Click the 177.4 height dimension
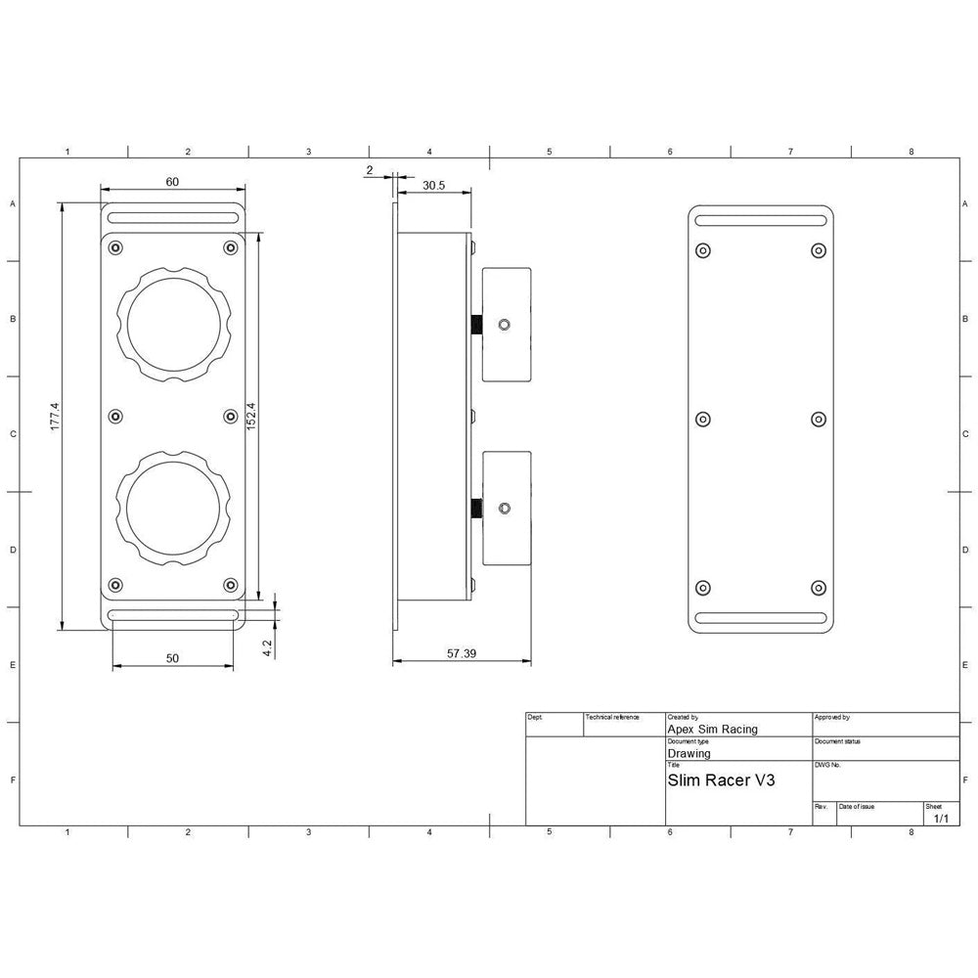[x=55, y=417]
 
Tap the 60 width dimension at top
[x=172, y=183]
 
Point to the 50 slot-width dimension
[x=172, y=658]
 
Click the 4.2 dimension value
[x=267, y=648]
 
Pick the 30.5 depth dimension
[x=434, y=184]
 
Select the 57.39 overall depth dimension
[x=462, y=653]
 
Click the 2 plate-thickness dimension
[x=369, y=170]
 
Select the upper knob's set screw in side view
[x=504, y=325]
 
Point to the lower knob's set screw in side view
[x=504, y=509]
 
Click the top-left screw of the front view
[x=116, y=246]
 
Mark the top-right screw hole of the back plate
[x=819, y=250]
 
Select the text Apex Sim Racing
[x=712, y=729]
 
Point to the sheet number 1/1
[x=941, y=818]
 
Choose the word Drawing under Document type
[x=689, y=754]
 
